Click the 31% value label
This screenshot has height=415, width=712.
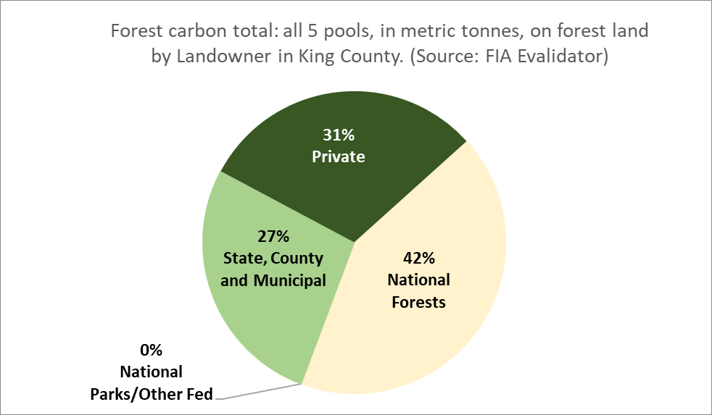tap(339, 135)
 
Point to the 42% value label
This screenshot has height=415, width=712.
tap(418, 258)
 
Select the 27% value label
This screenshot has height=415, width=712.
tap(273, 236)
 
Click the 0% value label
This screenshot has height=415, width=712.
tap(152, 350)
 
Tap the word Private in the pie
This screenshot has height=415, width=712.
tap(339, 156)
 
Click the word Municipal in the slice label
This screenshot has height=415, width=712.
tap(290, 280)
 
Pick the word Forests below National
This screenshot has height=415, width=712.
tap(418, 302)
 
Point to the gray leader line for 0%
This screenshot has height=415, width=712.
tap(259, 392)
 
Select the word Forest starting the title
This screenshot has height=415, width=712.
tap(136, 31)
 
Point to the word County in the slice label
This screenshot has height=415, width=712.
tap(297, 259)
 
